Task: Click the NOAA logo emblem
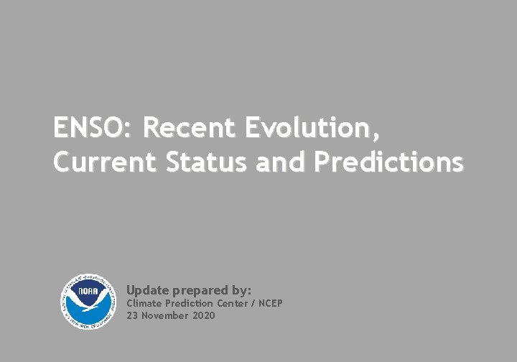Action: [87, 302]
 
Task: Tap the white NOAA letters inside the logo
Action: [87, 292]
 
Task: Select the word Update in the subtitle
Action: [147, 290]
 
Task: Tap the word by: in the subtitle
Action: [242, 291]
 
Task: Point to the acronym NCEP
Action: [271, 303]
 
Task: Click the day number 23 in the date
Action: [132, 315]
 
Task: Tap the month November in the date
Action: [164, 315]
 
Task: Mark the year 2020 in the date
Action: [204, 315]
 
